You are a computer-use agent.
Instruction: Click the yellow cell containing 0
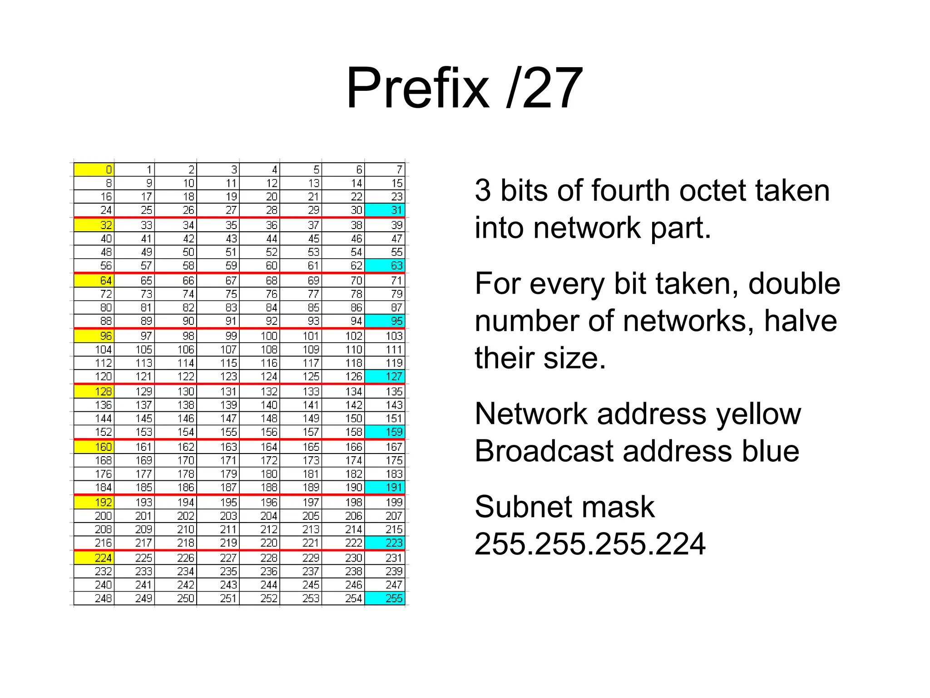pos(94,170)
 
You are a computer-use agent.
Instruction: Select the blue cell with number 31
pos(385,210)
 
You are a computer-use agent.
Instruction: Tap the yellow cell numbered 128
pos(94,391)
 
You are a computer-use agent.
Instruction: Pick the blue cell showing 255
pos(385,598)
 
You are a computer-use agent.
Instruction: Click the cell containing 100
pos(260,336)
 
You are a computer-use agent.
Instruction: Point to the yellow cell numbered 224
pos(94,558)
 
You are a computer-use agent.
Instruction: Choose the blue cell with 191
pos(385,487)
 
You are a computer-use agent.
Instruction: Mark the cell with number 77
pos(301,294)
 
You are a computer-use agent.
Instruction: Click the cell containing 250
pos(176,598)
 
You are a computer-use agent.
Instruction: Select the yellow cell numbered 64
pos(94,280)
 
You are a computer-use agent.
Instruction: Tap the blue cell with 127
pos(385,376)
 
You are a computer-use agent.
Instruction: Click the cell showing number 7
pos(385,170)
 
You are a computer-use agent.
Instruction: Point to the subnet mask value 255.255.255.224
pos(590,544)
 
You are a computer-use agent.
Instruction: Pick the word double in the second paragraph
pos(794,284)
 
